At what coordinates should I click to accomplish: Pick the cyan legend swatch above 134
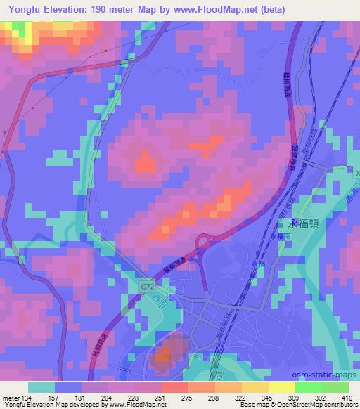point(41,387)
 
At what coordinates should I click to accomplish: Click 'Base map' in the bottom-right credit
point(252,405)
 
